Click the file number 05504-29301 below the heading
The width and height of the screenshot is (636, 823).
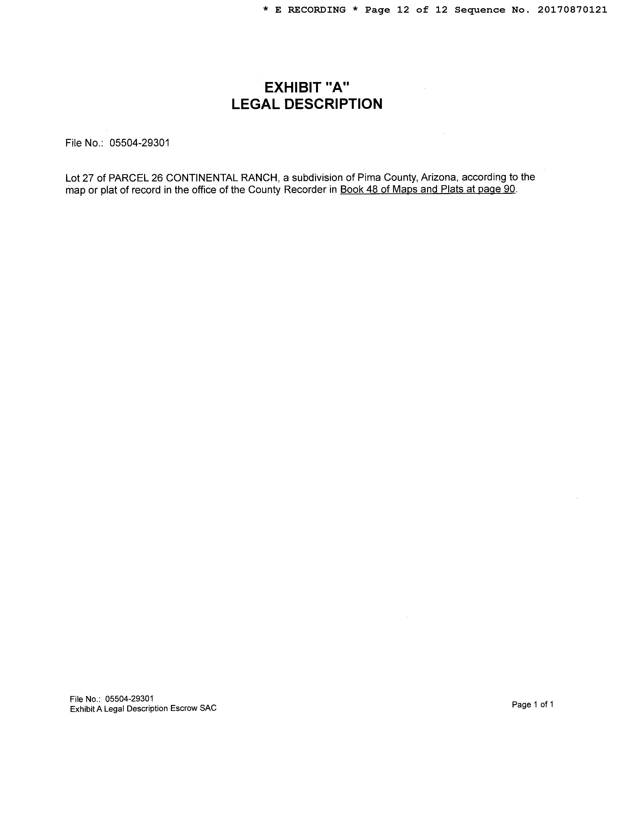[139, 143]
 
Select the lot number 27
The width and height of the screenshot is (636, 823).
[88, 177]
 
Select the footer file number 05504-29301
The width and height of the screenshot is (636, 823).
[129, 699]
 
